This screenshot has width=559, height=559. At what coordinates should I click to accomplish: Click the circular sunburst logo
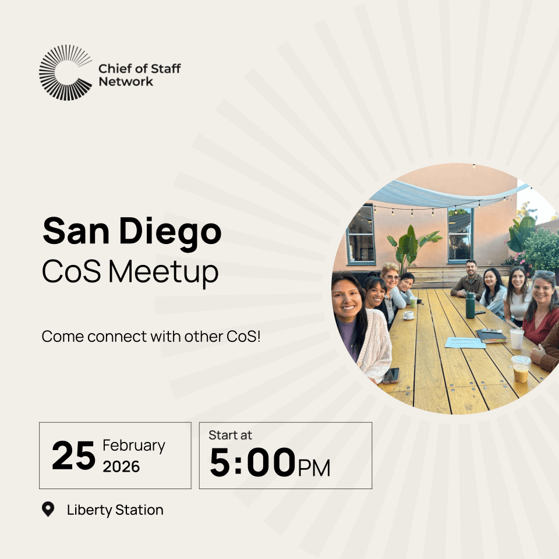click(x=66, y=72)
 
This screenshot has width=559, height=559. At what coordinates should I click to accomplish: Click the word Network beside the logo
click(x=126, y=82)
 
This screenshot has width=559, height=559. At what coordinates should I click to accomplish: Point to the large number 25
click(x=73, y=456)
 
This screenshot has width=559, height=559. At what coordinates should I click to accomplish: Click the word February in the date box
click(x=134, y=445)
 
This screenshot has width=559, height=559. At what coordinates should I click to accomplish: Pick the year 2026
click(x=122, y=466)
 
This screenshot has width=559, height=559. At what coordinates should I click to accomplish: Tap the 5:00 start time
click(x=252, y=463)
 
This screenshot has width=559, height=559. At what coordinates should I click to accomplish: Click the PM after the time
click(x=314, y=468)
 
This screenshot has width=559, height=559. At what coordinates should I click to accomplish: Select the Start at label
click(x=231, y=435)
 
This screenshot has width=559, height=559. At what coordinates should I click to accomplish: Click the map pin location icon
click(x=48, y=510)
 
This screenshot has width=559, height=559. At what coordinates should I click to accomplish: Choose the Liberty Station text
click(x=115, y=510)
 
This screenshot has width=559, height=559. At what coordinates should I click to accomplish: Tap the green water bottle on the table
click(x=470, y=305)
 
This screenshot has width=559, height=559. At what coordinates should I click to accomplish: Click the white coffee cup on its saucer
click(x=408, y=315)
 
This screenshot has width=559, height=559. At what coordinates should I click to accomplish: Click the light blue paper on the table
click(x=465, y=342)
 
